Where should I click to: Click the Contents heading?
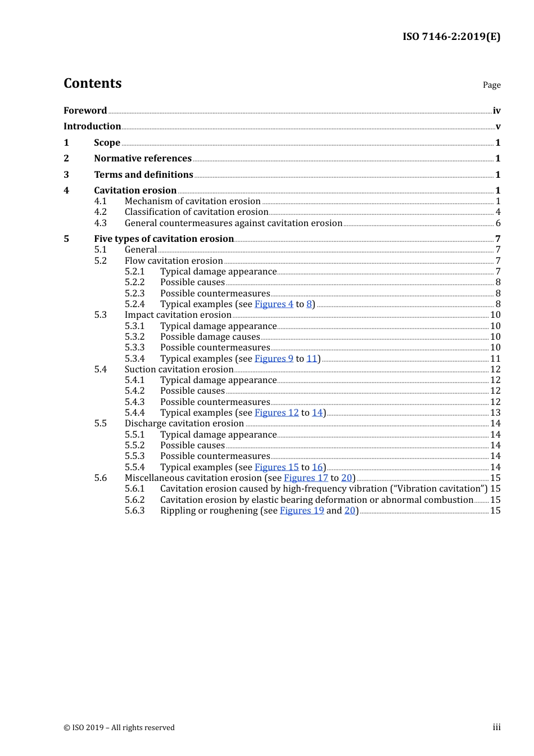click(x=92, y=83)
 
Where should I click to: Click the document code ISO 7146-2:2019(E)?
click(x=451, y=37)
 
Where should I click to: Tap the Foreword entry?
click(x=85, y=111)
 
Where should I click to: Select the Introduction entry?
click(x=92, y=127)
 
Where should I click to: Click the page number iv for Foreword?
click(x=496, y=111)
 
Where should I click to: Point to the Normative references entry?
click(x=143, y=159)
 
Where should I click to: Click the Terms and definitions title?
click(x=143, y=175)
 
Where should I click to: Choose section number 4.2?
click(x=100, y=212)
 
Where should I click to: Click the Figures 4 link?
click(x=274, y=304)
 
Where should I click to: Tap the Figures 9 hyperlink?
click(x=274, y=359)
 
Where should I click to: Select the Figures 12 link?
click(x=277, y=413)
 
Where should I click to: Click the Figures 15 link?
click(x=277, y=467)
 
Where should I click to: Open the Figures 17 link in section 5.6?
click(x=306, y=478)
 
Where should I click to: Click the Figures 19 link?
click(x=302, y=511)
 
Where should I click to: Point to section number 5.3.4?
click(x=134, y=359)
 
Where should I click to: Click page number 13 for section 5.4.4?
click(x=495, y=413)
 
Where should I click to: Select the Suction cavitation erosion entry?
click(x=179, y=370)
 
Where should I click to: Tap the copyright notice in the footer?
click(x=119, y=727)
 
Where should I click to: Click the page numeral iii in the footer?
click(x=496, y=727)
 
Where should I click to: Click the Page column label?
click(x=491, y=85)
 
